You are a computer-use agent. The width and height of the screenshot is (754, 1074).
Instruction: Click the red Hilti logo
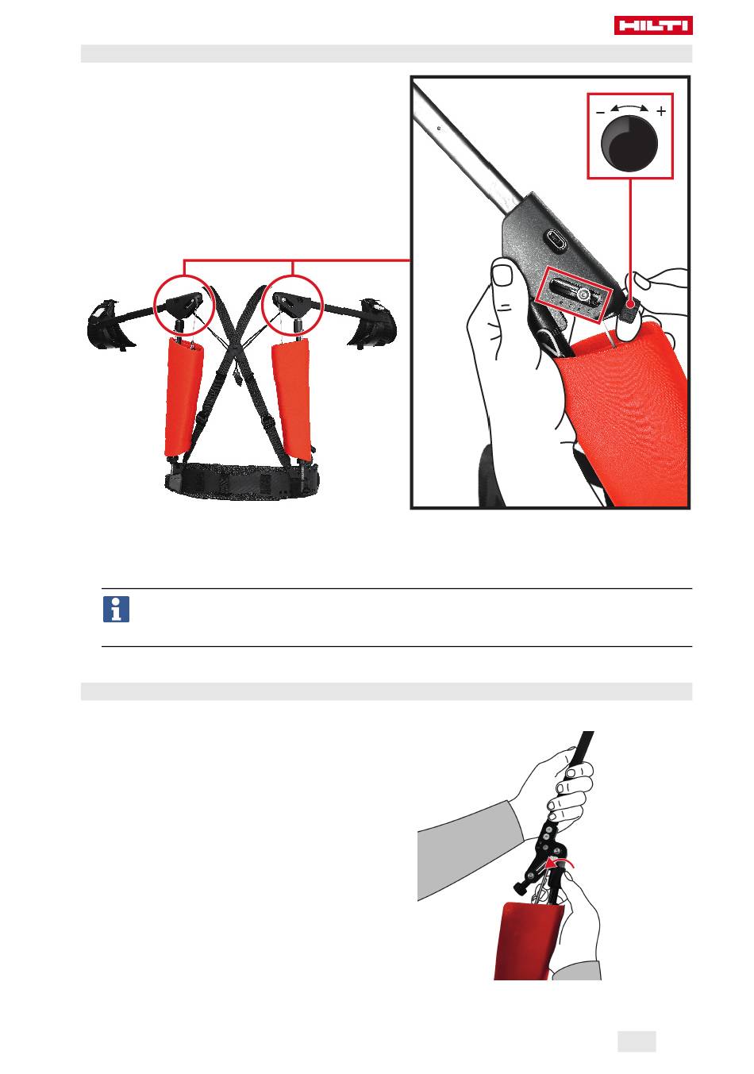tap(653, 25)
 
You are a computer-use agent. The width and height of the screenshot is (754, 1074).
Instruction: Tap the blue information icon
tap(116, 609)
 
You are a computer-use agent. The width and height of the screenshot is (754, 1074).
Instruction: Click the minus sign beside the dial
tap(600, 113)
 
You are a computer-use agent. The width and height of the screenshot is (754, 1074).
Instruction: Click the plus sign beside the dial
tap(661, 111)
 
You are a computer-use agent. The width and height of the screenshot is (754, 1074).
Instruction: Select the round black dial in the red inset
tap(629, 144)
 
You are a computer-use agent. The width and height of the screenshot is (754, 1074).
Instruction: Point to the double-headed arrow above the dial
tap(629, 107)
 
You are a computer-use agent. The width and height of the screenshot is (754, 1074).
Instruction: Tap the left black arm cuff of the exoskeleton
tap(110, 325)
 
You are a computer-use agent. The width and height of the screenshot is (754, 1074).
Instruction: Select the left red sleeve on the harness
tap(183, 397)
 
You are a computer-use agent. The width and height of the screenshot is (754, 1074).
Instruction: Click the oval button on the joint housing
tap(556, 239)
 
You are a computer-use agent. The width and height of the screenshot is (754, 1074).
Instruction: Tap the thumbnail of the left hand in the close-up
tap(502, 275)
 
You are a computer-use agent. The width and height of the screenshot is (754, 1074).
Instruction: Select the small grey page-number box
tap(637, 1041)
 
